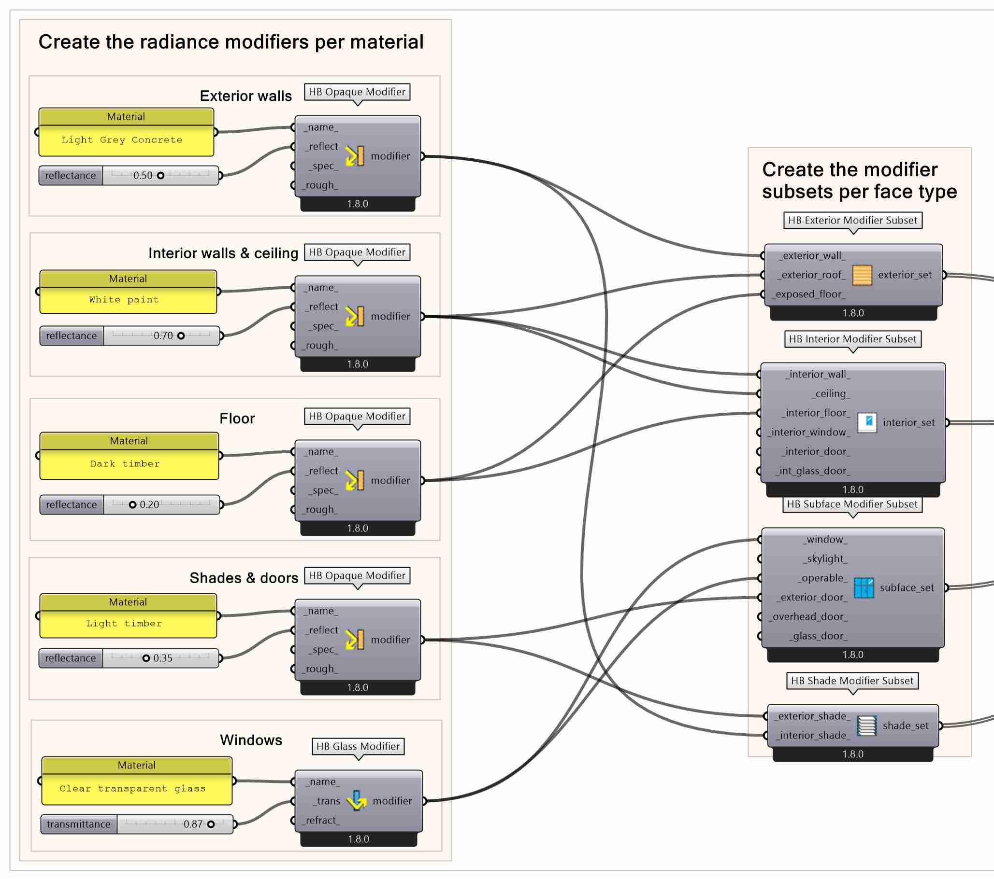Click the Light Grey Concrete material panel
pyautogui.click(x=126, y=140)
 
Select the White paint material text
pyautogui.click(x=124, y=300)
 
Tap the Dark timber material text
pyautogui.click(x=125, y=464)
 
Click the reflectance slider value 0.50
pyautogui.click(x=143, y=175)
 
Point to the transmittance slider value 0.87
pyautogui.click(x=193, y=824)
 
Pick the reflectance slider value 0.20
pyautogui.click(x=149, y=505)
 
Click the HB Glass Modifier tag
pyautogui.click(x=358, y=746)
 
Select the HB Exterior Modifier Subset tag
pyautogui.click(x=852, y=220)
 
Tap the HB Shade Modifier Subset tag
pyautogui.click(x=852, y=681)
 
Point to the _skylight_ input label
pyautogui.click(x=825, y=559)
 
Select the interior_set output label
pyautogui.click(x=908, y=423)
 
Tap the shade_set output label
pyautogui.click(x=906, y=726)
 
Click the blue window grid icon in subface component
pyautogui.click(x=864, y=587)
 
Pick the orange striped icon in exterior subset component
pyautogui.click(x=862, y=275)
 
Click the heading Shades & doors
pyautogui.click(x=244, y=578)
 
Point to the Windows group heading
pyautogui.click(x=251, y=740)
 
